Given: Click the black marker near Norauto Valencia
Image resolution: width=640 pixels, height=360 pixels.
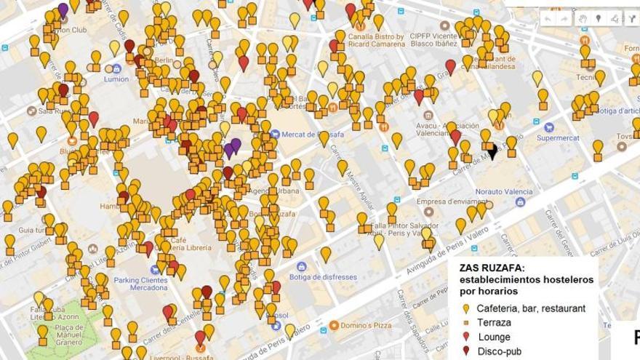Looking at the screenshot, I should coord(492,151).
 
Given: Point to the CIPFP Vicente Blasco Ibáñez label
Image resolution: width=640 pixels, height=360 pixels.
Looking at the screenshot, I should coord(446,39).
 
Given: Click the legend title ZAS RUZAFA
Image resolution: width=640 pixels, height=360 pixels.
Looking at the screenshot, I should coord(492,268).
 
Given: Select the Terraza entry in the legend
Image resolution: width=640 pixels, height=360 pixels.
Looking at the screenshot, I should coord(494,322).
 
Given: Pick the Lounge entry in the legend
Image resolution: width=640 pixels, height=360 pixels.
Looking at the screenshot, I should coord(494,337).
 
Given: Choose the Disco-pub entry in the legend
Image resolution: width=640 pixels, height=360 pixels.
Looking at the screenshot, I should coord(498,351).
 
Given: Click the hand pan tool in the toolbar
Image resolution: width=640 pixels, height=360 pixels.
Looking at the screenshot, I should coord(582,18).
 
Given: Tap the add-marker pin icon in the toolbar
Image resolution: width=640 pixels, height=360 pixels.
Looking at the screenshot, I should coord(599,18).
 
